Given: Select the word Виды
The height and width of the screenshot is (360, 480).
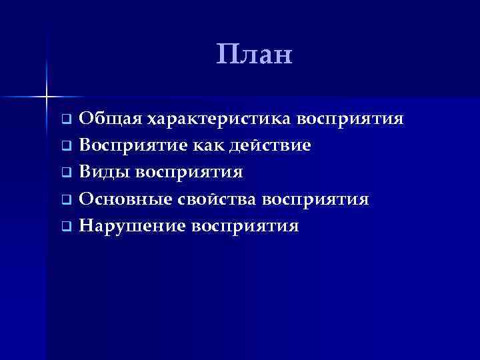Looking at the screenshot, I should [104, 173].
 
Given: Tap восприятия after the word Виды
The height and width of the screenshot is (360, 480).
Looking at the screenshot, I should [189, 173].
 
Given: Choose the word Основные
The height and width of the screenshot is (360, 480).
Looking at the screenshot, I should [125, 199].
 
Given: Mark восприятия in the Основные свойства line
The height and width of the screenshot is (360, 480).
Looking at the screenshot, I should [315, 199].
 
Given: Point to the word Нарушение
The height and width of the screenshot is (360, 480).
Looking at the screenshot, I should [132, 226].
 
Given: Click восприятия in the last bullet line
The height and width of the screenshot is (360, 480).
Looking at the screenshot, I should [245, 226].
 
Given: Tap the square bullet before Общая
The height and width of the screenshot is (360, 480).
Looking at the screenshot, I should [66, 121].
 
